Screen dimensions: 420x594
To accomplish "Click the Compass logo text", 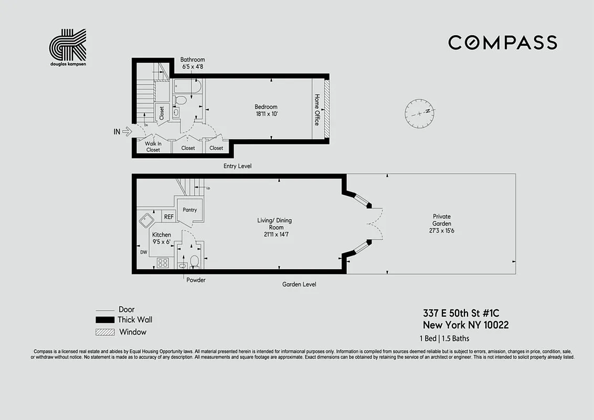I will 502,43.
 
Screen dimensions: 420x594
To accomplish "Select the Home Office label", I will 317,110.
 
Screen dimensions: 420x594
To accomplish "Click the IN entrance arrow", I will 126,132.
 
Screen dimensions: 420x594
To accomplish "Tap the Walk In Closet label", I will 153,146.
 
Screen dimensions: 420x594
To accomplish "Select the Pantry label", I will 189,210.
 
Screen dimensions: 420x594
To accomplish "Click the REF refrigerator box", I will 168,216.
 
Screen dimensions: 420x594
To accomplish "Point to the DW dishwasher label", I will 143,252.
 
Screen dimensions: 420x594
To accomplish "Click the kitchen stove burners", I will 163,262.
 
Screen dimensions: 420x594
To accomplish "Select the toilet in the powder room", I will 194,260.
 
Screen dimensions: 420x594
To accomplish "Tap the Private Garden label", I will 441,224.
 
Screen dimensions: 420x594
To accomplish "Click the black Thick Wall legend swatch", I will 104,320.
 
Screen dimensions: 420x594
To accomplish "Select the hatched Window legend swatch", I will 104,332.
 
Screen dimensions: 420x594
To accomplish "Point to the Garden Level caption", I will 299,284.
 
